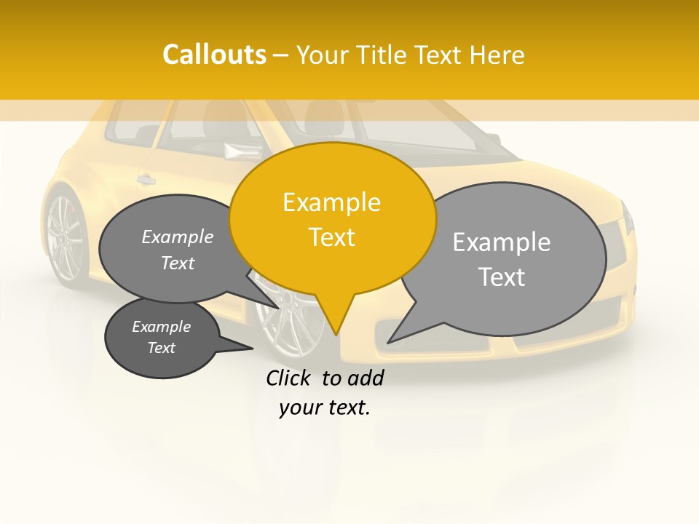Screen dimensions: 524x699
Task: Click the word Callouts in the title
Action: click(x=214, y=55)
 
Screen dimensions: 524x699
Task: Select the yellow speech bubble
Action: click(x=332, y=218)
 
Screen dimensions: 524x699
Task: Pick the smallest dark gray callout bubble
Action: click(x=161, y=338)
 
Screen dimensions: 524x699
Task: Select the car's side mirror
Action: click(x=242, y=151)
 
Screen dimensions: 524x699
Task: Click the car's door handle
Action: click(x=146, y=179)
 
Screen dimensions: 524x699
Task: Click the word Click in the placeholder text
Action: click(x=290, y=378)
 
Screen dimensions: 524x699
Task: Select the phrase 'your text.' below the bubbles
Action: click(x=325, y=408)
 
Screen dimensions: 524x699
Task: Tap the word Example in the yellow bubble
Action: click(x=331, y=202)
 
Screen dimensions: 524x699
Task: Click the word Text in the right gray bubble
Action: click(x=502, y=277)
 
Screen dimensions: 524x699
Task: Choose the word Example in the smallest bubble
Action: click(x=161, y=327)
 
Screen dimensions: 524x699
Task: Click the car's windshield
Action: click(x=415, y=131)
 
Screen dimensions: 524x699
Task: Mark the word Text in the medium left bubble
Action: click(x=178, y=263)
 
